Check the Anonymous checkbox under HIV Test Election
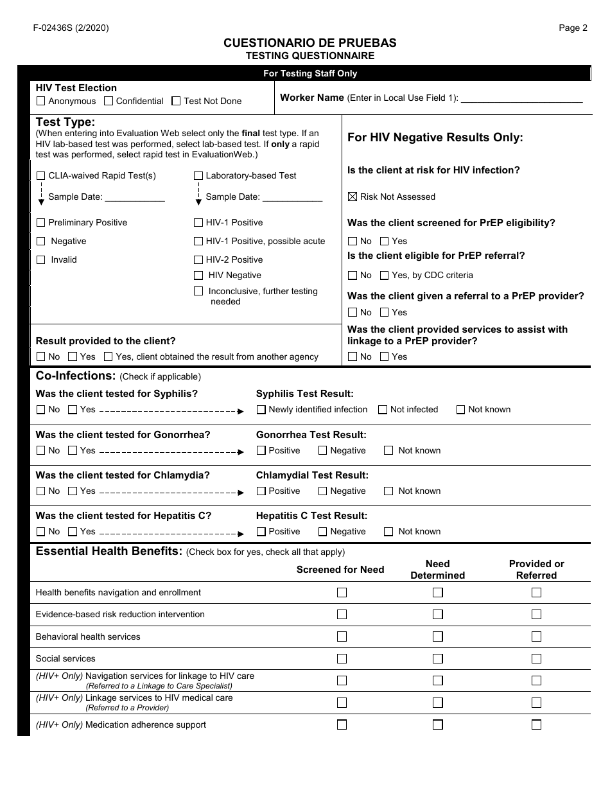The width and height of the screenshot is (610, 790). (x=41, y=101)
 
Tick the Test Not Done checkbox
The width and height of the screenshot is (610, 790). (x=177, y=101)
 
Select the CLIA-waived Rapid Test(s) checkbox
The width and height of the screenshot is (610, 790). (x=41, y=175)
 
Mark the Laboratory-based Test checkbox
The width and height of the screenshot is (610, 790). (x=198, y=175)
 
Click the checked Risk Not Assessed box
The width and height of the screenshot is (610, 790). (x=352, y=197)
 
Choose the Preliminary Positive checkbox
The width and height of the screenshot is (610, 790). (x=41, y=222)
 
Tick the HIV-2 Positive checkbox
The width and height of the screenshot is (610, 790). (x=198, y=259)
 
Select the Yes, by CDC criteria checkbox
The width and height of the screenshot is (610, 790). (x=384, y=275)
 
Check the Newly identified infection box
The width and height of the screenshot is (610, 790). (x=261, y=409)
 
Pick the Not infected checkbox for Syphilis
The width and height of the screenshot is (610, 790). (x=383, y=409)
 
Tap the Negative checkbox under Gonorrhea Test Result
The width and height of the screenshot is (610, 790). (x=323, y=450)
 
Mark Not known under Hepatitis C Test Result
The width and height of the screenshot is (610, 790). (x=388, y=531)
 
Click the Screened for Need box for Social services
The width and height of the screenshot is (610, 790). (x=342, y=658)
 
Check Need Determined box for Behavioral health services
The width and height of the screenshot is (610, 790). (x=437, y=636)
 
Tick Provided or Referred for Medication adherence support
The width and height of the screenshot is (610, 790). (x=536, y=724)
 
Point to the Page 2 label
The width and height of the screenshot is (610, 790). (x=573, y=28)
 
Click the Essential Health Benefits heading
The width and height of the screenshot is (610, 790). (x=109, y=551)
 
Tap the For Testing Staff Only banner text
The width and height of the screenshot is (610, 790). (x=309, y=73)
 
